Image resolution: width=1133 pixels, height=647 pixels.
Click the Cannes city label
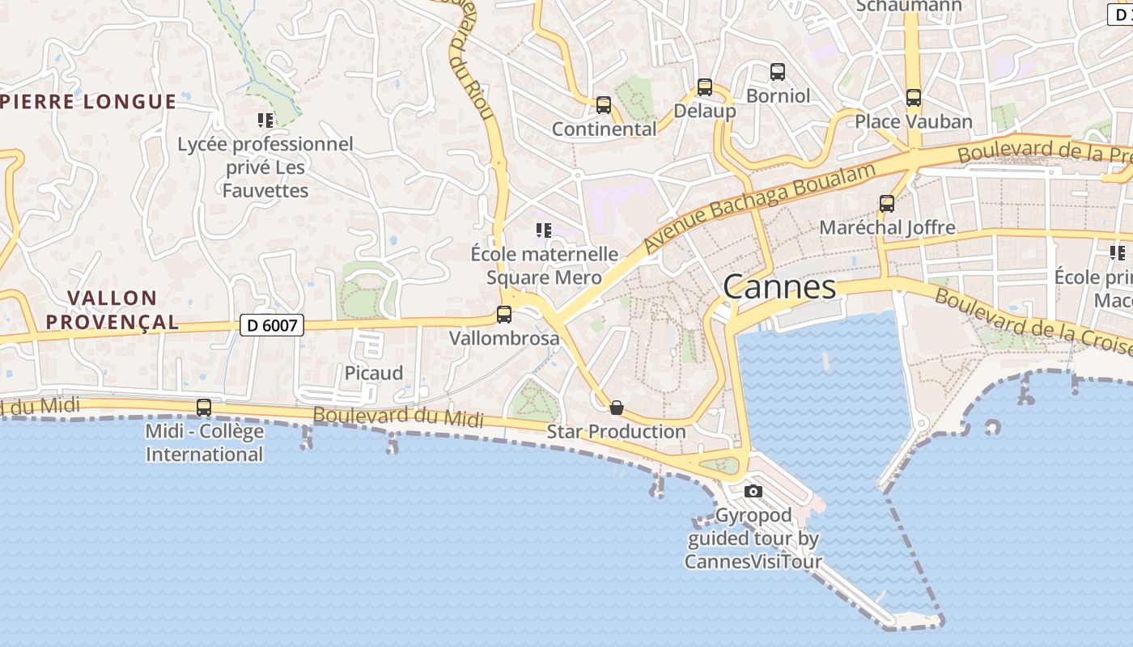779,287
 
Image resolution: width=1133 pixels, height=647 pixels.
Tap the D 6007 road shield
272,326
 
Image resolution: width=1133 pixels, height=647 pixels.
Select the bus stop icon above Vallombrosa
504,315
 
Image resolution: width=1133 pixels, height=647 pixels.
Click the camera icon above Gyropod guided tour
753,491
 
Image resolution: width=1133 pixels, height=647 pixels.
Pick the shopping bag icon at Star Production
617,407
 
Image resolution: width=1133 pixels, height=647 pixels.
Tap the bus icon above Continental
604,105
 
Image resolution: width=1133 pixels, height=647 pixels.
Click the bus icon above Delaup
705,87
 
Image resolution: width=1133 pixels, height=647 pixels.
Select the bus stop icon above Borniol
778,72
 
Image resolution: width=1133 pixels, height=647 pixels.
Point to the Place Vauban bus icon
914,98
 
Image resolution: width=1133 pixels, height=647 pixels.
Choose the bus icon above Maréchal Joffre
887,204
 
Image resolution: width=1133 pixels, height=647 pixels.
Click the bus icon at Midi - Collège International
204,408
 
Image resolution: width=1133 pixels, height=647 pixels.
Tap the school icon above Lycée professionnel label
265,121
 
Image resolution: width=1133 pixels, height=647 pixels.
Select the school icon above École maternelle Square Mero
544,230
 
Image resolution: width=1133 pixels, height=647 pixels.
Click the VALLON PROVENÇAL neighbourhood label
112,310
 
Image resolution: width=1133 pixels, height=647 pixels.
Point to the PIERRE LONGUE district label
89,101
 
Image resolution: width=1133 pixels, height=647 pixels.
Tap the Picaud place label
374,373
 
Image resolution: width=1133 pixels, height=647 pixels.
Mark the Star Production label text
617,431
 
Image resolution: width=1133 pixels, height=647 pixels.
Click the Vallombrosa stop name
504,338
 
